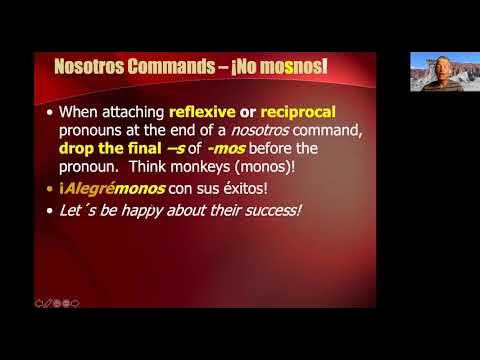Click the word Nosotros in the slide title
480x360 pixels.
[x=91, y=68]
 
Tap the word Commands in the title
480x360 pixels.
[x=174, y=68]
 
